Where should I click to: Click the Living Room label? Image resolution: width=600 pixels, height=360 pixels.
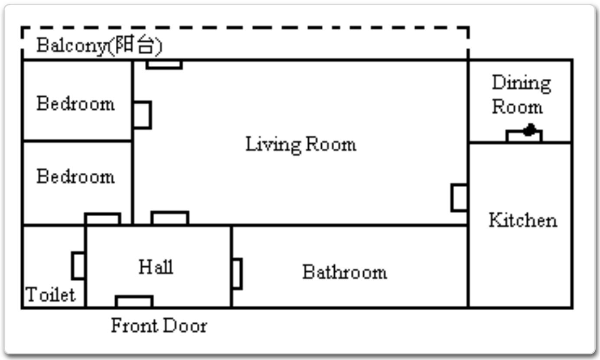[301, 145]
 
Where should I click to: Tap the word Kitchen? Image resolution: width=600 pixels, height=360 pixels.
[523, 220]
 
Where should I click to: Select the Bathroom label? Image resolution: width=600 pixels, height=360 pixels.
[345, 272]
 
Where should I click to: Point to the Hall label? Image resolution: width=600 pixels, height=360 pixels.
[156, 266]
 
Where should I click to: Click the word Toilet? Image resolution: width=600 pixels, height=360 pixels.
[50, 295]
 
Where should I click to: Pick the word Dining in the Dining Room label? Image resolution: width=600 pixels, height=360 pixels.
[521, 83]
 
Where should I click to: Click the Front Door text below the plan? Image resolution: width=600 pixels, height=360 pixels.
[159, 325]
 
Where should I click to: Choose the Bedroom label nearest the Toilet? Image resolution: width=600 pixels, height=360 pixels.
[75, 176]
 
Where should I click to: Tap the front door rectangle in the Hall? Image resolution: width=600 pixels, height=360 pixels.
[134, 302]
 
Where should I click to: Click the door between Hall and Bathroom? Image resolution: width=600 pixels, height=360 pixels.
[237, 274]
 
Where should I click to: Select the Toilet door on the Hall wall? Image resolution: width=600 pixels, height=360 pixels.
[78, 266]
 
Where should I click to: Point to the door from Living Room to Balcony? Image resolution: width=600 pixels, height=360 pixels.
[164, 65]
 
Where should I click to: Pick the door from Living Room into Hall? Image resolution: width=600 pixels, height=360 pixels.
[170, 218]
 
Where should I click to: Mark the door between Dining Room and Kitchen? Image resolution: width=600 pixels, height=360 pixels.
[524, 136]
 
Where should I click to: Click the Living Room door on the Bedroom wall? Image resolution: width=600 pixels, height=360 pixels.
[143, 115]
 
